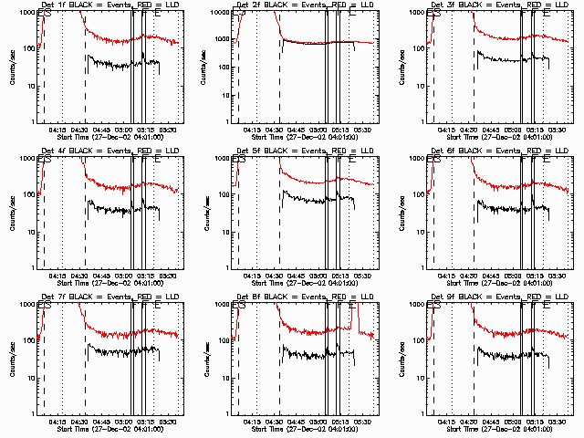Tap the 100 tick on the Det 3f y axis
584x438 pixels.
[x=418, y=48]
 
